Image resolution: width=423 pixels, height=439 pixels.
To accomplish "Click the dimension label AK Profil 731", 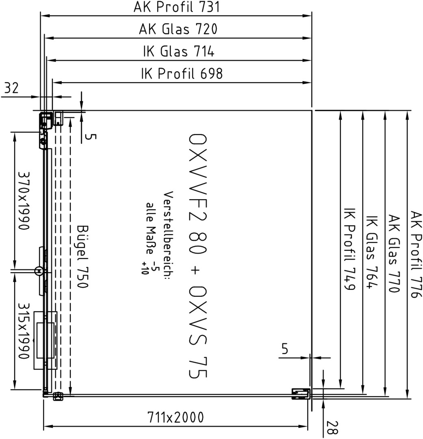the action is click(x=177, y=7).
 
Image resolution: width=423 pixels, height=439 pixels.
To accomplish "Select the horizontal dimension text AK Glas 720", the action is click(x=178, y=29).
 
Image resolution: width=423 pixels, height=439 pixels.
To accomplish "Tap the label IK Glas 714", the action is click(x=179, y=51).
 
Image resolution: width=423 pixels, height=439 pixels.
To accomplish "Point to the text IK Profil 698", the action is click(x=182, y=73).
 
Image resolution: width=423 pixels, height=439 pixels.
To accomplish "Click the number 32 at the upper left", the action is click(x=11, y=88).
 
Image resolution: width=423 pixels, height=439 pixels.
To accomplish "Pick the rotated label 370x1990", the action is click(x=24, y=200).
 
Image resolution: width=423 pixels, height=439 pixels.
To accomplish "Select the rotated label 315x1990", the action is click(x=24, y=330).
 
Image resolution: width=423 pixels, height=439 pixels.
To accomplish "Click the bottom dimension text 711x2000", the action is click(x=176, y=417).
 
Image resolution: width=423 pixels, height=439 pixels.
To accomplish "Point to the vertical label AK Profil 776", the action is click(x=416, y=254).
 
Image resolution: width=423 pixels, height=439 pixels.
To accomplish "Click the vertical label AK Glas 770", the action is click(x=394, y=254).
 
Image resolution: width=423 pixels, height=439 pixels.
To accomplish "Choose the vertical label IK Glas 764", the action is click(x=372, y=252).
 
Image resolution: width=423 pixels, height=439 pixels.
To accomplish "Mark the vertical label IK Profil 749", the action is click(x=349, y=249).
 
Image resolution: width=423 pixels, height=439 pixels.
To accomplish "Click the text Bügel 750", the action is click(x=82, y=256).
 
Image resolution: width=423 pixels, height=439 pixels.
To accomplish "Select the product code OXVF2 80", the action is click(x=197, y=194).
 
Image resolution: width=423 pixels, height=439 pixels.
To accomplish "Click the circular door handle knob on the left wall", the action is click(x=39, y=271).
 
